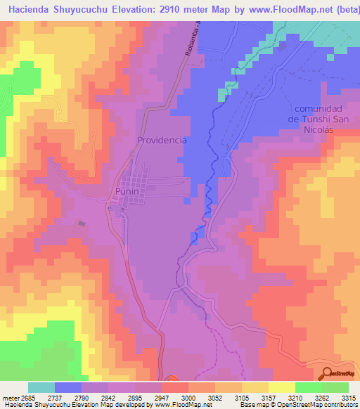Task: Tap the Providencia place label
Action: pyautogui.click(x=162, y=140)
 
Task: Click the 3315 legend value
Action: pyautogui.click(x=348, y=397)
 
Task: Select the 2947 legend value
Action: pyautogui.click(x=162, y=397)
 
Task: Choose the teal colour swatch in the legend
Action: pyautogui.click(x=41, y=387)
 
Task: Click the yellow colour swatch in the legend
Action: pyautogui.click(x=282, y=387)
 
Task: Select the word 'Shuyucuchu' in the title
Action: pyautogui.click(x=78, y=10)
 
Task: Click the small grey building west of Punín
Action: pyautogui.click(x=83, y=223)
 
